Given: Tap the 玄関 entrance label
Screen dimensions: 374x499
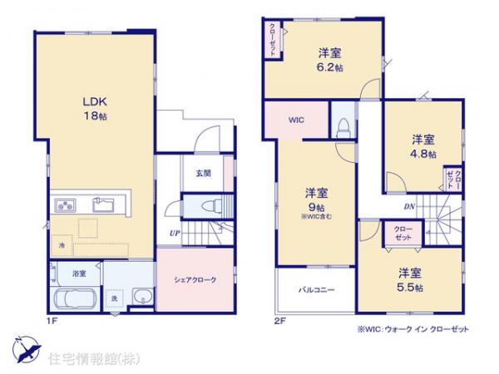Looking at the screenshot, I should (x=203, y=174).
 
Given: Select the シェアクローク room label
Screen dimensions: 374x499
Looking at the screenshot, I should (x=196, y=280).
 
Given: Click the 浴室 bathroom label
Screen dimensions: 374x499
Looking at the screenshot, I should (x=78, y=273).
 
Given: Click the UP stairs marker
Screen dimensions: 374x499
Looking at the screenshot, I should (x=175, y=233).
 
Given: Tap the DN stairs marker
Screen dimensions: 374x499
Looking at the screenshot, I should (x=408, y=207).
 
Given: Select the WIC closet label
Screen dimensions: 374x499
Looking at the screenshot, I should (x=297, y=120).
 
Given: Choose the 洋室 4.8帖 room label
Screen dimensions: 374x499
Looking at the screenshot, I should (x=423, y=147).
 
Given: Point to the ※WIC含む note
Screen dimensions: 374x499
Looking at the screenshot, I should (x=318, y=218).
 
